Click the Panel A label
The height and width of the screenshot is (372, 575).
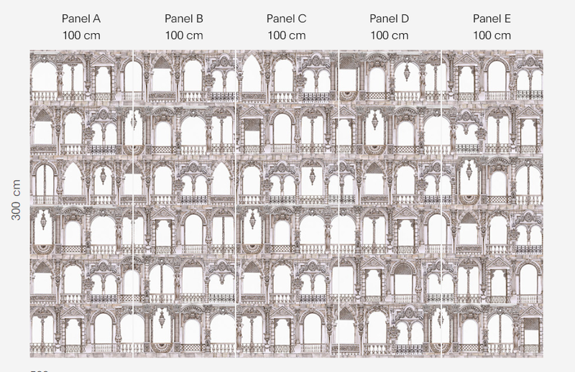pos(81,18)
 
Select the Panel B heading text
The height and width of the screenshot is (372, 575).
pos(184,18)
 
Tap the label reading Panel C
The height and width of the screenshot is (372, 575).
pos(286,18)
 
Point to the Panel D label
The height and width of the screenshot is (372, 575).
pos(390,18)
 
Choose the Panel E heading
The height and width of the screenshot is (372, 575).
pos(492,18)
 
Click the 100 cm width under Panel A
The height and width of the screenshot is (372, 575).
pos(81,34)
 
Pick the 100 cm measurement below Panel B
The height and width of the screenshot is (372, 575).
pos(184,34)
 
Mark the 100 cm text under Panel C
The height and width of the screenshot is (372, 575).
pos(286,34)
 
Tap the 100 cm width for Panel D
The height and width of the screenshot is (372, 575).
pos(390,34)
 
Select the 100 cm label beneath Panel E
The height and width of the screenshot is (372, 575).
pos(492,34)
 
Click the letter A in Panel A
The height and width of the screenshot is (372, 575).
pos(97,18)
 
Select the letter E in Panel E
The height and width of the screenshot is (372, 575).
pos(508,18)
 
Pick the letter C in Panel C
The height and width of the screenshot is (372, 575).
pos(302,18)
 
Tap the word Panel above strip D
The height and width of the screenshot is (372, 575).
pos(383,18)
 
